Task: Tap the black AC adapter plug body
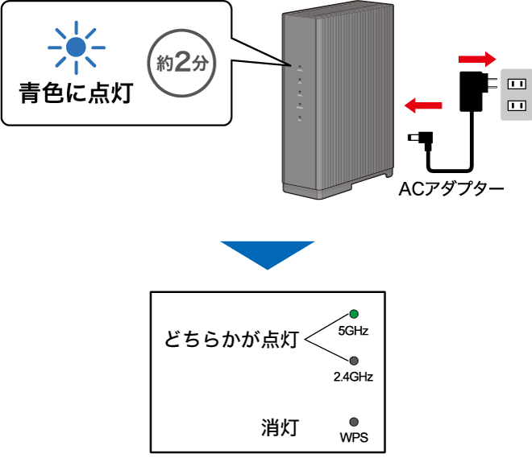tap(471, 89)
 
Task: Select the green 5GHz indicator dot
tap(353, 314)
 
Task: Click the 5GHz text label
tap(352, 331)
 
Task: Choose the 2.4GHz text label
tap(353, 376)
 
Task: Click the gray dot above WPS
tap(353, 421)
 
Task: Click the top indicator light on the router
tap(299, 68)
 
